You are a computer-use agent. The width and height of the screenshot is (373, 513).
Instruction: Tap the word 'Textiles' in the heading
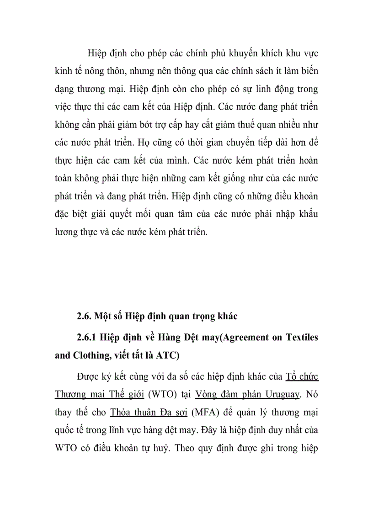302,338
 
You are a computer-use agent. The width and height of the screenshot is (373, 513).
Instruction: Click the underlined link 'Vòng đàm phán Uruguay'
247,395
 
